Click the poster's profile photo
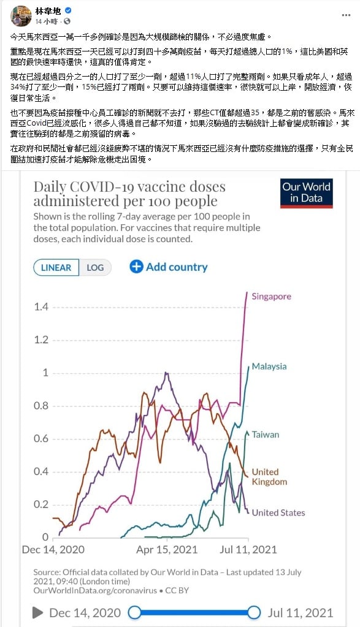pos(21,16)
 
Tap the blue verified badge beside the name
pos(68,11)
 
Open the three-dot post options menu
pos(346,15)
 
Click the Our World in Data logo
pos(307,193)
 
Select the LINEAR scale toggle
pos(56,267)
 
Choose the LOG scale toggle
pos(95,267)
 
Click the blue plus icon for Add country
pos(136,267)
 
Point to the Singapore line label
pos(271,297)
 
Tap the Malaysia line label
pos(269,367)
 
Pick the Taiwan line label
pos(265,435)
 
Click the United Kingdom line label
pos(269,477)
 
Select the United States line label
pos(278,512)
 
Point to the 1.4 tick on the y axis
pos(41,306)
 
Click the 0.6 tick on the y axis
pos(41,439)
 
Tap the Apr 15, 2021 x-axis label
pos(167,549)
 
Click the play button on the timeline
pos(38,612)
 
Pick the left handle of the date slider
pos(134,612)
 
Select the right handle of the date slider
pos(254,612)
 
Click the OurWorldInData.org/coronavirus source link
pos(95,591)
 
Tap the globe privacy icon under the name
pos(67,21)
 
